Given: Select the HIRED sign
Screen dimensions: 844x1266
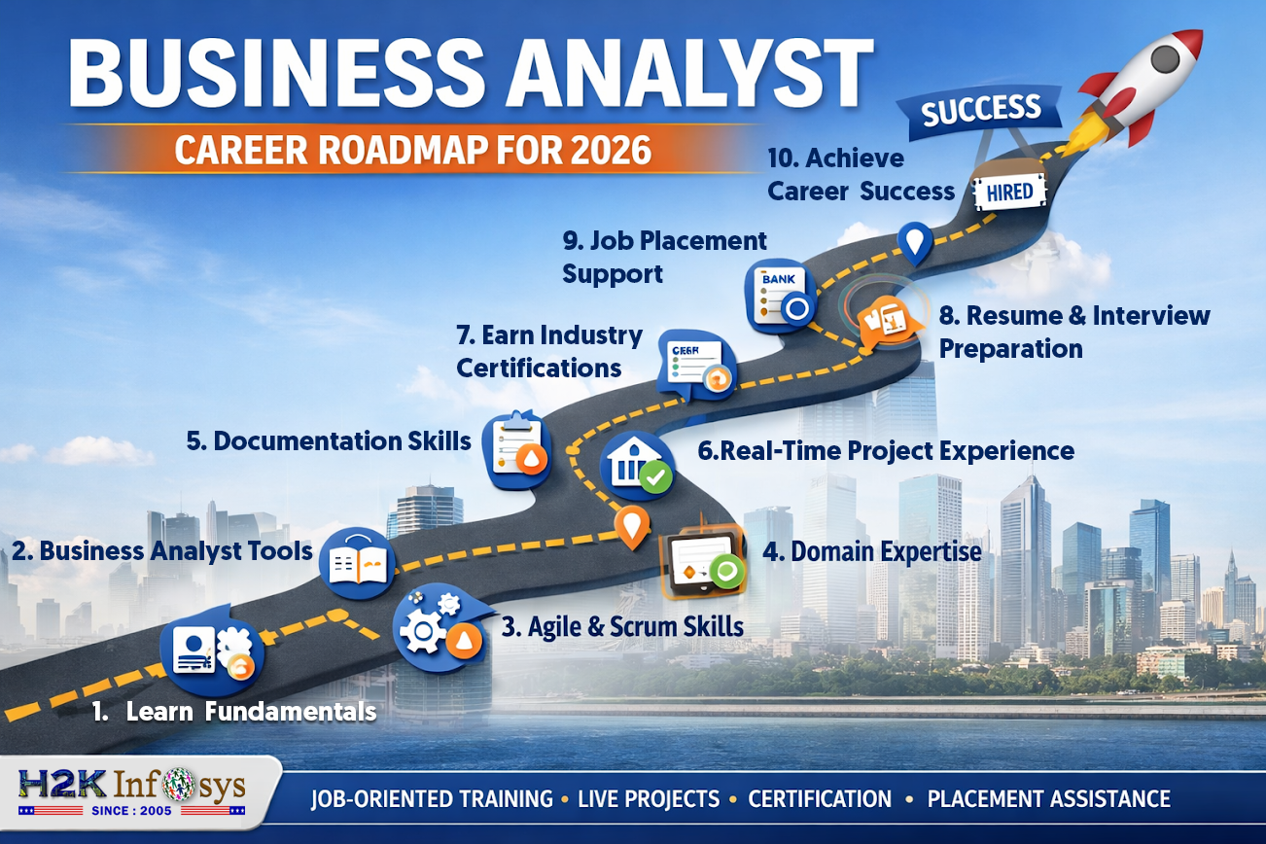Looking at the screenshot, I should pos(1010,192).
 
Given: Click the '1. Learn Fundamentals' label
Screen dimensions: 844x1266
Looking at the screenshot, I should pos(234,712).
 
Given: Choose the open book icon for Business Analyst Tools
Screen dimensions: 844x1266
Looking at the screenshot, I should pos(358,561).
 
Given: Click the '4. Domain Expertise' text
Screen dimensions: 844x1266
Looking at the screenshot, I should pos(871,552).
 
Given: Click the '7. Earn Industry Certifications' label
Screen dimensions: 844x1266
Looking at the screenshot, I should pos(549,352).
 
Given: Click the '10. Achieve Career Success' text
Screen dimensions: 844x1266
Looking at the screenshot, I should pos(861,175).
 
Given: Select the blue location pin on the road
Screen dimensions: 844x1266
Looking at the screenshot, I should pos(914,242).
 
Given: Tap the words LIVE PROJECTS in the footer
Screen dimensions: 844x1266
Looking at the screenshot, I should pos(649,799).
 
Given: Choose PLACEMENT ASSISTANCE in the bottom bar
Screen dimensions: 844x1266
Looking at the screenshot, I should pos(1048,799).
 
